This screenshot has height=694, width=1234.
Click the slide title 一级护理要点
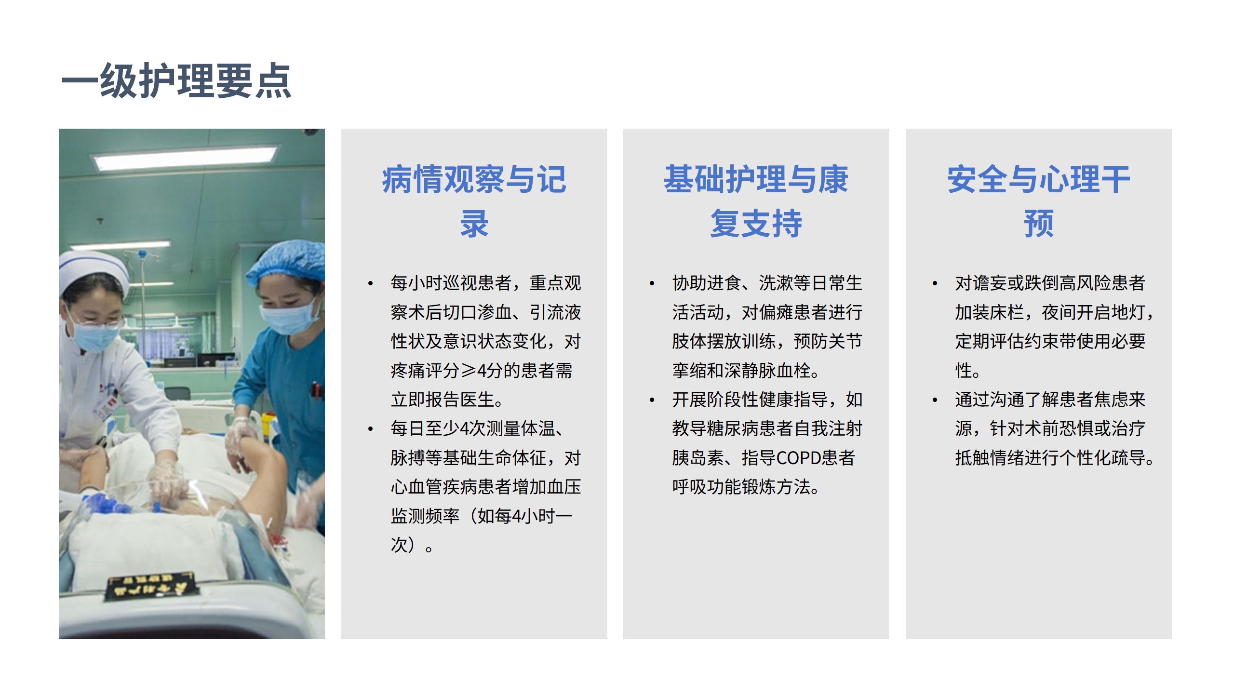coord(176,81)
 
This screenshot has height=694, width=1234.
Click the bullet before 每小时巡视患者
coord(370,283)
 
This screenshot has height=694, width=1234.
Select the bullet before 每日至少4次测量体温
coord(370,429)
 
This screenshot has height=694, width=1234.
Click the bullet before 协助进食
coord(652,283)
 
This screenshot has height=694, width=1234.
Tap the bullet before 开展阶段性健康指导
coord(652,400)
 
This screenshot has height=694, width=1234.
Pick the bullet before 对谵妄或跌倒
coord(935,283)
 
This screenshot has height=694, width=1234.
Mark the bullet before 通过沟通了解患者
coord(935,400)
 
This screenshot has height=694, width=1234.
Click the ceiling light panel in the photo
coord(186,157)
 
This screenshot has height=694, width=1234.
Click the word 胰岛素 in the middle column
coord(698,458)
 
